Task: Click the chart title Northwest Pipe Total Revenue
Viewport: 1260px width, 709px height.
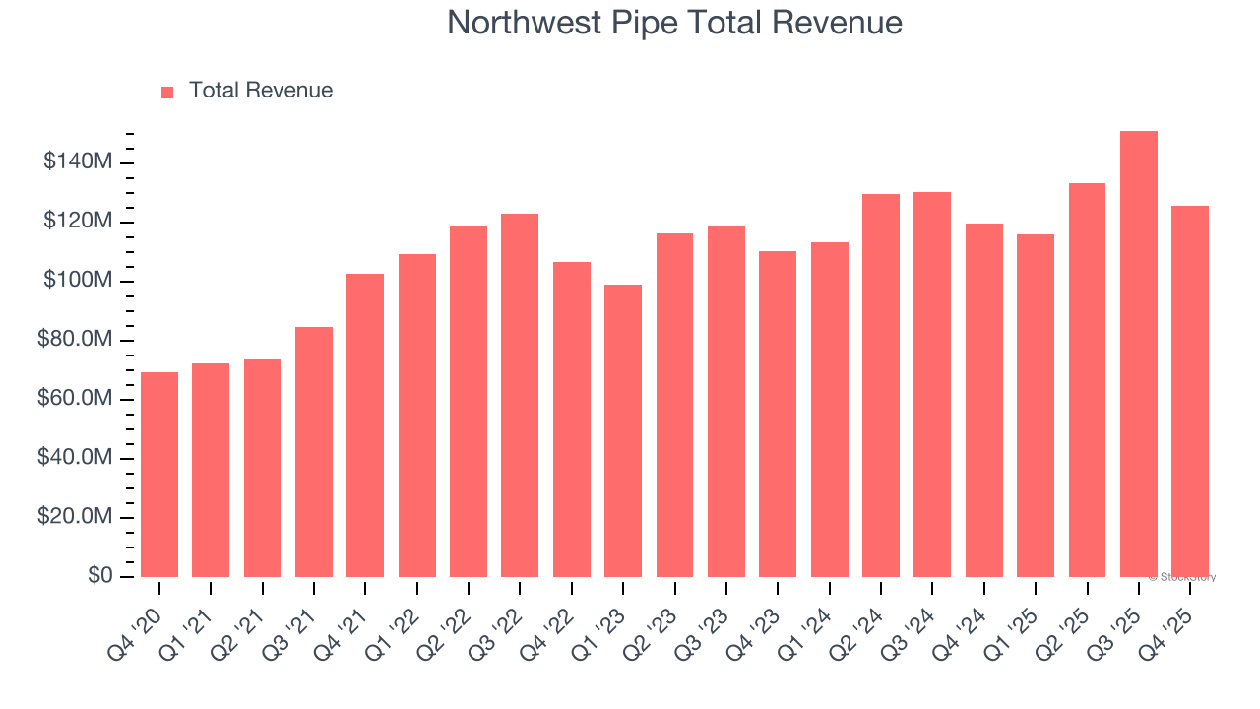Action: click(x=674, y=23)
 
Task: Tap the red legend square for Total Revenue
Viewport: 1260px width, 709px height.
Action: click(x=167, y=92)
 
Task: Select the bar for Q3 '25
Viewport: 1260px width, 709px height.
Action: click(x=1139, y=354)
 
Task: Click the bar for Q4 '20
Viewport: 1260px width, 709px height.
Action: click(x=159, y=475)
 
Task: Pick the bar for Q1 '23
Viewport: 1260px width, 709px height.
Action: click(x=623, y=430)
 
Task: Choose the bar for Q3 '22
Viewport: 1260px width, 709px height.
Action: click(x=520, y=395)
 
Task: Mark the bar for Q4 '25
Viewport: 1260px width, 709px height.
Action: click(x=1190, y=391)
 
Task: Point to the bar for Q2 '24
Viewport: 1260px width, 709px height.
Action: click(x=881, y=385)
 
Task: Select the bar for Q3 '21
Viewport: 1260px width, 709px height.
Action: click(x=314, y=452)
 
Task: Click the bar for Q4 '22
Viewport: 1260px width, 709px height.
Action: click(x=571, y=419)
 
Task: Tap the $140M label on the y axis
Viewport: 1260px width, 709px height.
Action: click(x=78, y=162)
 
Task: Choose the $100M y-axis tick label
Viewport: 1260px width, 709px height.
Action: click(x=78, y=281)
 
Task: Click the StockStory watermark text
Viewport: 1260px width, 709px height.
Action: click(x=1182, y=578)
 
